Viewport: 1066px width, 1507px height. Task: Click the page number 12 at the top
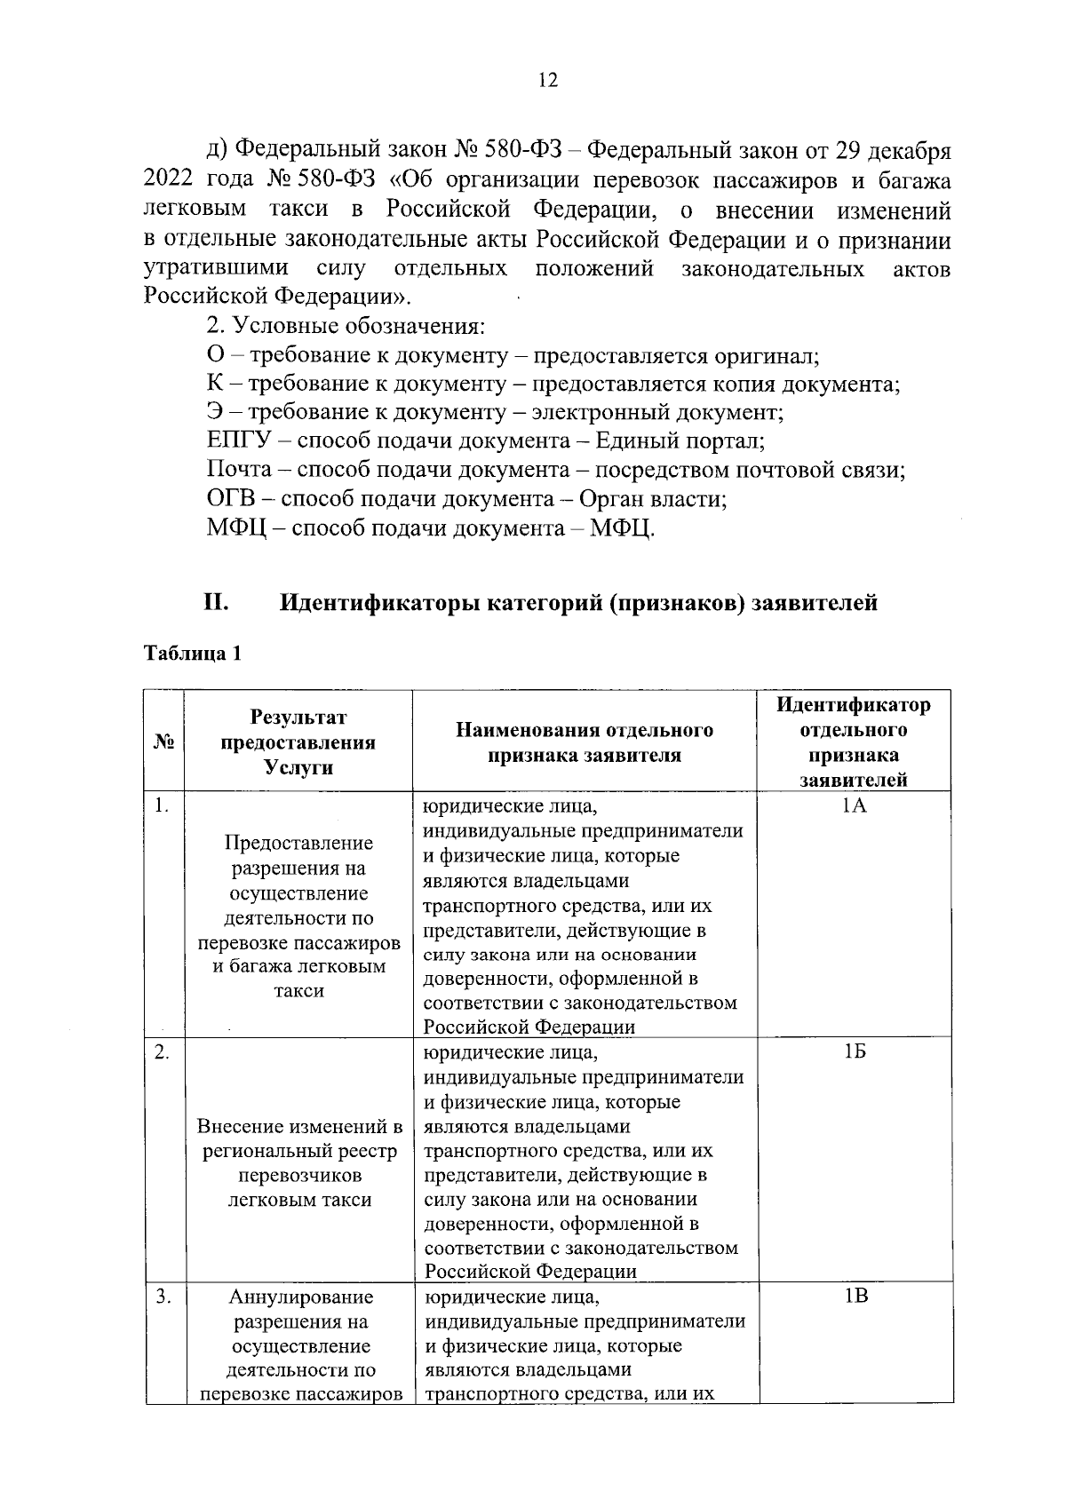tap(547, 81)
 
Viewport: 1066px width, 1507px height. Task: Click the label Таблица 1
tap(193, 654)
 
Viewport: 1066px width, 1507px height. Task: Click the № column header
tap(163, 742)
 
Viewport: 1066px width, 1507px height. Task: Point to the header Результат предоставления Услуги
tap(298, 742)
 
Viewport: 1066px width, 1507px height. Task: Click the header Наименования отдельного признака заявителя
tap(585, 742)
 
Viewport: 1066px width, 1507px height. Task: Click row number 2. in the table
tap(162, 1052)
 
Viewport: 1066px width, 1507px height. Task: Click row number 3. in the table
tap(163, 1297)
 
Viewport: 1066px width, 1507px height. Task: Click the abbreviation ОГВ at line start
tap(229, 499)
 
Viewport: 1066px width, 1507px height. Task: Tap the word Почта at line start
tap(238, 471)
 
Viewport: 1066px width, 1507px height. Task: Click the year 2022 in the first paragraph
tap(168, 181)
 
